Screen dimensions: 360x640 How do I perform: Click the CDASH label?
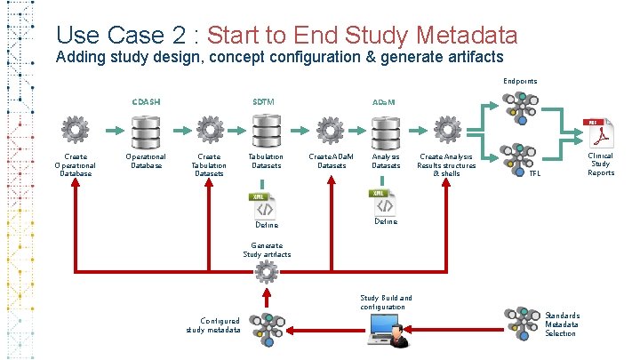pos(146,101)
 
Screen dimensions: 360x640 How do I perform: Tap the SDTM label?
pos(263,101)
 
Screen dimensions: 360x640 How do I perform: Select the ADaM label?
pos(385,102)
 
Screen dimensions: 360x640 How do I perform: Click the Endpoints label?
pos(519,81)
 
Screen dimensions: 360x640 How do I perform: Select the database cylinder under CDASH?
pos(145,132)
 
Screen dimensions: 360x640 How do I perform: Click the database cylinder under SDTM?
pos(264,132)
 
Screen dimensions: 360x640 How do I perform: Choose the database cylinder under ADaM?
pos(385,132)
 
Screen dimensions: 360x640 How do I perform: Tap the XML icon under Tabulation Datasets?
pos(263,205)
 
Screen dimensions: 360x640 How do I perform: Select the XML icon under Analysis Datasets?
pos(383,201)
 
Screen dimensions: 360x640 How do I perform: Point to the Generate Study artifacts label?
pos(267,250)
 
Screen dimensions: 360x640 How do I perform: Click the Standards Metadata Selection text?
pos(562,324)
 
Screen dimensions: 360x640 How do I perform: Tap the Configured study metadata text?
pos(213,325)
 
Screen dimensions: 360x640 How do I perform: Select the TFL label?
pos(534,173)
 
